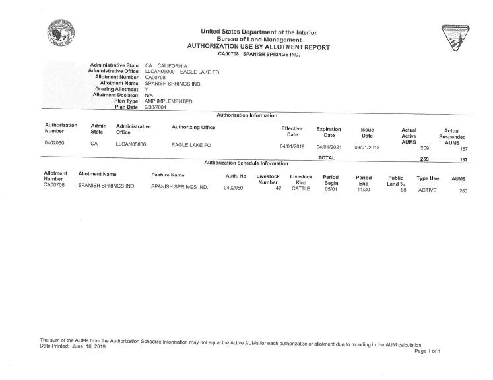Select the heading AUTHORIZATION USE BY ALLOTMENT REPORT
tap(258, 47)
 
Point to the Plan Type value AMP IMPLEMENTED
tap(168, 101)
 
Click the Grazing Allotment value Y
tap(147, 90)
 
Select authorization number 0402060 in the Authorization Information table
tap(55, 143)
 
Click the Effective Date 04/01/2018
tap(291, 146)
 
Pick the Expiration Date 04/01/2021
tap(328, 146)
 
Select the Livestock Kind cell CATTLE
tap(300, 187)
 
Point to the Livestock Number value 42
tap(278, 188)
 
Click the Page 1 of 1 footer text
tap(427, 352)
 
